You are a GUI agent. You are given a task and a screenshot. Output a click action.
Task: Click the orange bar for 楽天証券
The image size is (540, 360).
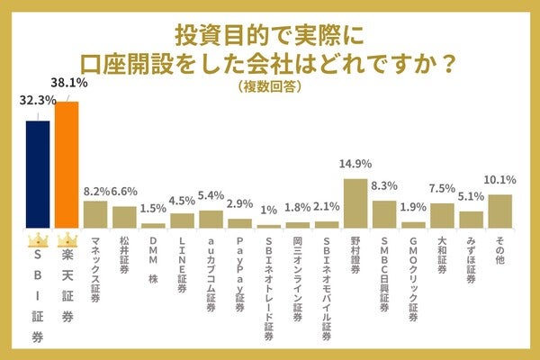[67, 165]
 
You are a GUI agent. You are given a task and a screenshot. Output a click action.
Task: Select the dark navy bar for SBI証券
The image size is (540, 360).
[38, 174]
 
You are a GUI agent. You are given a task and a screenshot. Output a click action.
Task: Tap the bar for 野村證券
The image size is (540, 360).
[355, 203]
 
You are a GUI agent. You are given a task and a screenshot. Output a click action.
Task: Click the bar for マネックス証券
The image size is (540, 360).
[95, 214]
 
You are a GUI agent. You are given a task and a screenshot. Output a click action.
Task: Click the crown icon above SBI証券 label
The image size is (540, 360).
[38, 241]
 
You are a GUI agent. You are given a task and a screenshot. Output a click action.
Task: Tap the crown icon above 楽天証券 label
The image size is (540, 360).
[67, 241]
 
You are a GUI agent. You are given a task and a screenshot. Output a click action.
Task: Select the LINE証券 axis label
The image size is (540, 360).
[183, 260]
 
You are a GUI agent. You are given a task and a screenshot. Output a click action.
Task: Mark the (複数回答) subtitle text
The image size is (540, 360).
[269, 87]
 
